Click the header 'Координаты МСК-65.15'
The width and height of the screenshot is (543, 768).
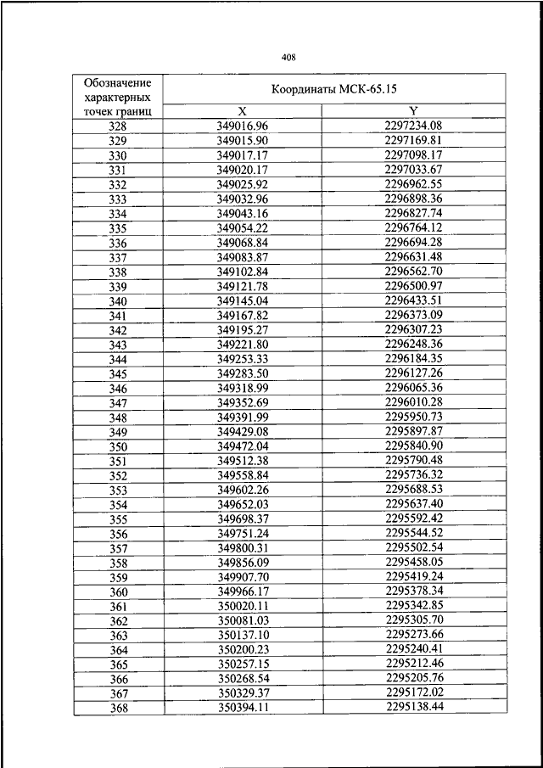[334, 88]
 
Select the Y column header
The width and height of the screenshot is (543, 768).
[414, 111]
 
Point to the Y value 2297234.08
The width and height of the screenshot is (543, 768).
[414, 126]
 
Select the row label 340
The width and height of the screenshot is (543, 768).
[118, 302]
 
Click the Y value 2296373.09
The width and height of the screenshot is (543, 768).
[414, 316]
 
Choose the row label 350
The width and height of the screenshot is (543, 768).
[118, 447]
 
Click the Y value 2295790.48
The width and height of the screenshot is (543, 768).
[414, 460]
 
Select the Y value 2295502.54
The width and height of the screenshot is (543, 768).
[414, 547]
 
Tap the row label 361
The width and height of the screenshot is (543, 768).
[118, 607]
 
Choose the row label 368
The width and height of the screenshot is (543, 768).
[118, 708]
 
